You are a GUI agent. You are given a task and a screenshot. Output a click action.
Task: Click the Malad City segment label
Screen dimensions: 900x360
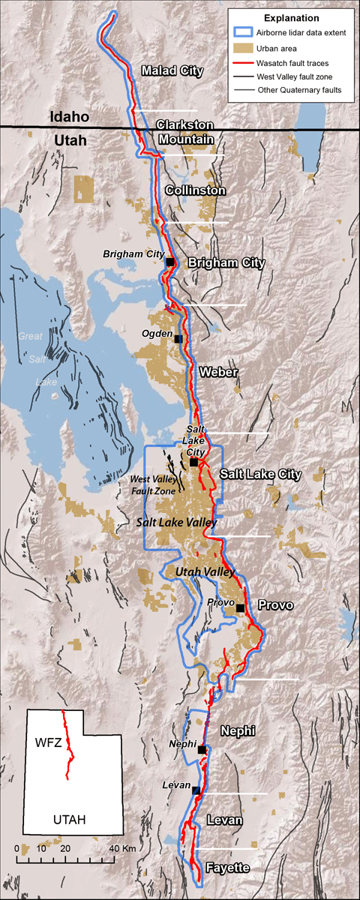(172, 71)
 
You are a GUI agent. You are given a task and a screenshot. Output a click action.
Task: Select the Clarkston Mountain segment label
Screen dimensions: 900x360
(185, 131)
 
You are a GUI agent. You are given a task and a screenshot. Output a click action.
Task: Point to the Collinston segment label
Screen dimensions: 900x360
(195, 190)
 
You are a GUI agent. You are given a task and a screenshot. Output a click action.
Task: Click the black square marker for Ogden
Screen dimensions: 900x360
(178, 339)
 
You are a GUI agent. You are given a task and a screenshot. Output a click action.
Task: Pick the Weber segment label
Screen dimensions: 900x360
(218, 372)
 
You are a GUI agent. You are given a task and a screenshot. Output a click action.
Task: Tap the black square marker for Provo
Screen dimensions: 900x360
(240, 608)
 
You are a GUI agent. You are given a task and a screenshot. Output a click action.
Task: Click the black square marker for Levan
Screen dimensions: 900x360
(196, 790)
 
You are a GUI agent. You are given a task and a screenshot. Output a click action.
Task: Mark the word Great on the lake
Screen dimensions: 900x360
(31, 337)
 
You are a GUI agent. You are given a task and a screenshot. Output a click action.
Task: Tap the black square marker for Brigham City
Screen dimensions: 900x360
(170, 262)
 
